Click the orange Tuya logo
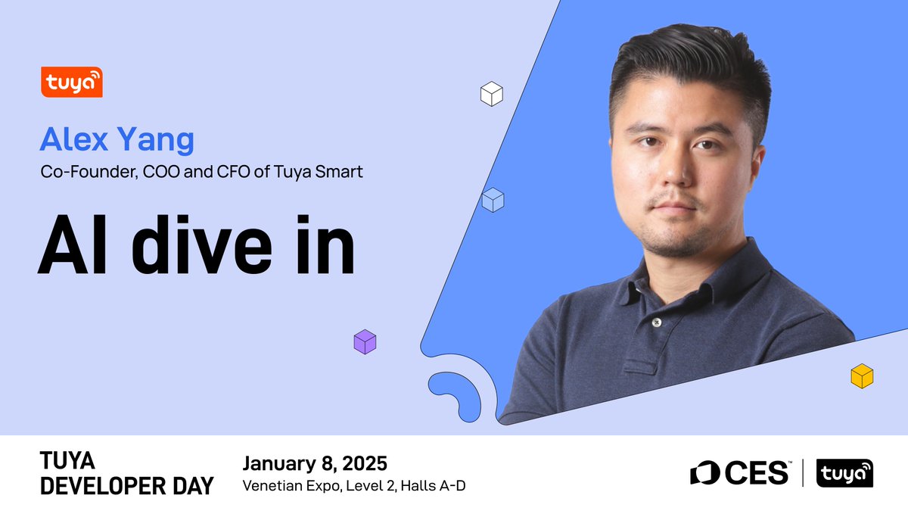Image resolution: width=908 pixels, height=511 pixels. (72, 82)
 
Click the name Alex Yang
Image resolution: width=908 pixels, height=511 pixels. (117, 140)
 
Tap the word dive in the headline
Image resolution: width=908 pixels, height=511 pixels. (201, 245)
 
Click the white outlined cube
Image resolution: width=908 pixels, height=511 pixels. (492, 94)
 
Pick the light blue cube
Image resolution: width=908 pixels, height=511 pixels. (493, 200)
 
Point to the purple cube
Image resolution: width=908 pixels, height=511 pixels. (365, 342)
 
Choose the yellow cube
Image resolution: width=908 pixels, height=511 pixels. (862, 376)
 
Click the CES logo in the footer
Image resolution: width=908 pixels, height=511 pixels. (739, 473)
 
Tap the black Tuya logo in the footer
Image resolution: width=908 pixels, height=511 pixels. (844, 473)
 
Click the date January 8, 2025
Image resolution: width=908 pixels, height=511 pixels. (315, 463)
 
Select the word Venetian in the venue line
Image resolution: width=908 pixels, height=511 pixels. (272, 485)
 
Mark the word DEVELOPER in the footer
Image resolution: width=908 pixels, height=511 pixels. (104, 486)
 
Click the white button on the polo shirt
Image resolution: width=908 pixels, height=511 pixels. (657, 322)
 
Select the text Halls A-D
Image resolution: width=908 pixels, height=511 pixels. (433, 485)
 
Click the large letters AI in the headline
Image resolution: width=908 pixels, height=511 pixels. (73, 245)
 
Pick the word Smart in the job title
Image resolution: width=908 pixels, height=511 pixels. (339, 172)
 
